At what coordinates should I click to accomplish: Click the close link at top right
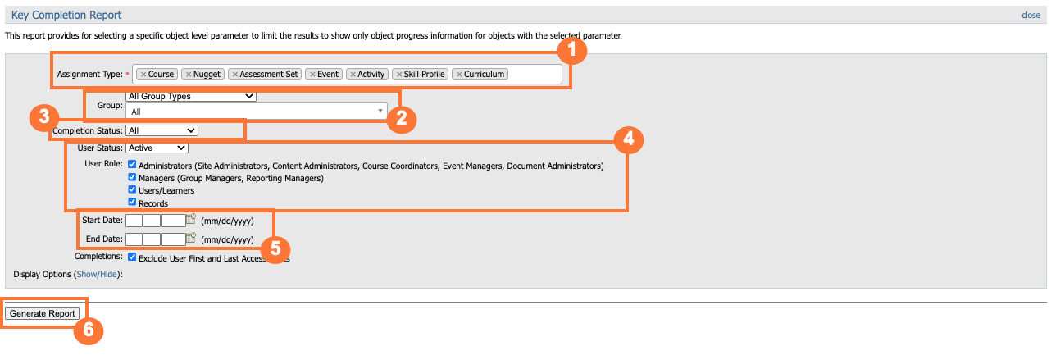(x=1031, y=15)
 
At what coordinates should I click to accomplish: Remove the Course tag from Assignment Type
(x=143, y=74)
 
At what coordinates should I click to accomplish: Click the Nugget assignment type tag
(x=202, y=74)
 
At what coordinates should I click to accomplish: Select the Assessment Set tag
(x=265, y=74)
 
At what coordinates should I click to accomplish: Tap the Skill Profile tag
(x=421, y=74)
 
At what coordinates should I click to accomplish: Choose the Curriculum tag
(x=481, y=74)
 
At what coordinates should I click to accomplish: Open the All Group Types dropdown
(x=191, y=96)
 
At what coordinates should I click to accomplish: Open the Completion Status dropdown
(x=162, y=130)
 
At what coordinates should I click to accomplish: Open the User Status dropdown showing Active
(x=157, y=148)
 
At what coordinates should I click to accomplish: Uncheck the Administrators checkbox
(x=132, y=165)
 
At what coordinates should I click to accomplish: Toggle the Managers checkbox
(x=132, y=177)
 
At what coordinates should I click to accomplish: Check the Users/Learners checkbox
(x=132, y=189)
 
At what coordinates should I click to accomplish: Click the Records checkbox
(x=132, y=202)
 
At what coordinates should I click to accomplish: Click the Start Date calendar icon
(x=192, y=219)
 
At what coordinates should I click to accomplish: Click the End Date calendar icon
(x=192, y=239)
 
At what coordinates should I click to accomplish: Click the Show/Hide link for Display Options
(x=98, y=274)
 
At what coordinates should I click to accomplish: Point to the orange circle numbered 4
(x=627, y=139)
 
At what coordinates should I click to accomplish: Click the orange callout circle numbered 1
(x=572, y=51)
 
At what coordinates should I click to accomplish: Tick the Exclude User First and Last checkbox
(x=132, y=257)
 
